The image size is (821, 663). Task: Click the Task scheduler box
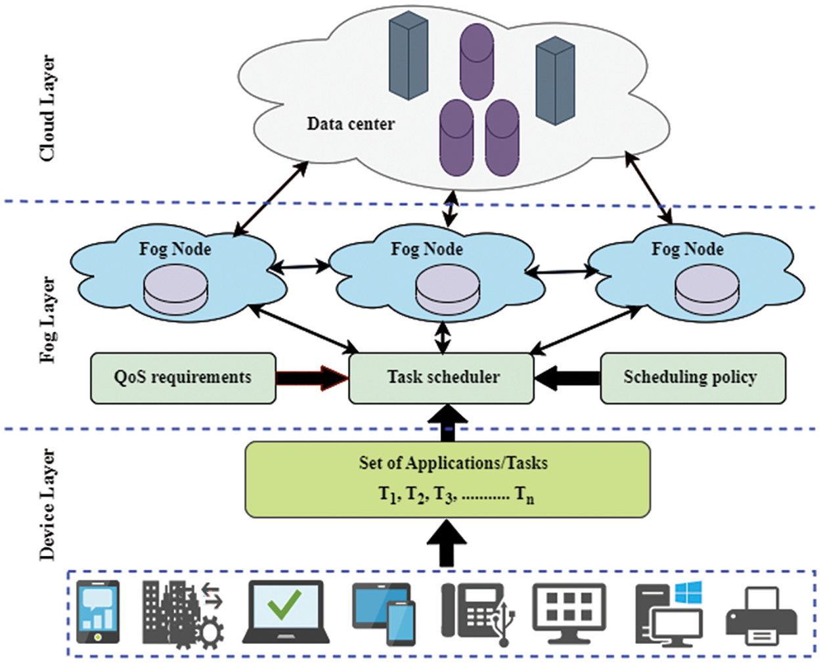coord(441,378)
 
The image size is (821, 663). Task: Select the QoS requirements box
coord(183,378)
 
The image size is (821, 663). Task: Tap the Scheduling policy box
coord(692,378)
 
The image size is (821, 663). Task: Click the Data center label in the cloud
coord(351,124)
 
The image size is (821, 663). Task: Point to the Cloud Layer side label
coord(47,108)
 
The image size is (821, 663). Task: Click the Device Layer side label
coord(47,505)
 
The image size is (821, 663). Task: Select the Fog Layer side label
coord(47,319)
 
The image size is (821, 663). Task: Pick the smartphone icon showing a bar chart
coord(98,612)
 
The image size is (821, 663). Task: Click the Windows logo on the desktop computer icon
coord(688,592)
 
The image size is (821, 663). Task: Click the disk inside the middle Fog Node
coord(447,290)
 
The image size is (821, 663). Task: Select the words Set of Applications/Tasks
coord(453,463)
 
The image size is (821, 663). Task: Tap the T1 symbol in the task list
coord(388,494)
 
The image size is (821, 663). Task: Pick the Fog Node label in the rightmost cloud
coord(687,249)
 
